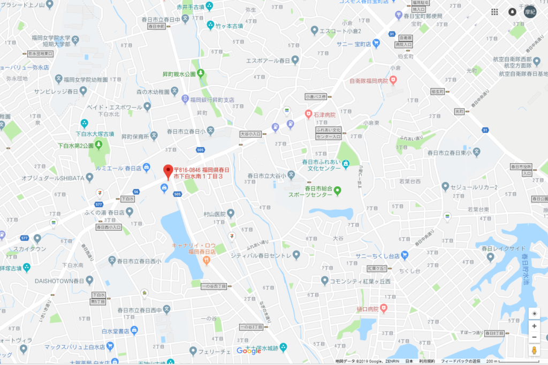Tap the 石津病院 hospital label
click(x=324, y=115)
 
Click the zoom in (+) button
click(x=534, y=325)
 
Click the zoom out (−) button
click(x=534, y=337)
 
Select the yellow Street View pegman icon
click(x=534, y=350)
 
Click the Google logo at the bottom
click(x=249, y=351)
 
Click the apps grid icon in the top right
click(x=495, y=12)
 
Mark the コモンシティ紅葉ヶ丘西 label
click(x=360, y=281)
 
